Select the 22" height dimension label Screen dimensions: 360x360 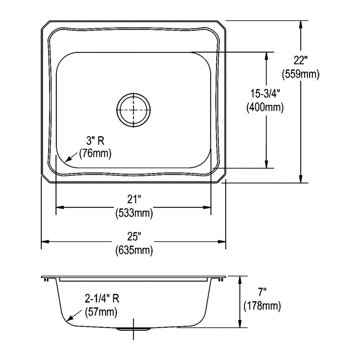coord(300,61)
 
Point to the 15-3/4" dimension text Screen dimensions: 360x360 coord(265,94)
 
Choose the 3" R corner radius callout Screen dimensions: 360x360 coord(95,140)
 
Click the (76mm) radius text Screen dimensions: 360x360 coord(95,153)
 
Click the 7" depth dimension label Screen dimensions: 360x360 coord(262,293)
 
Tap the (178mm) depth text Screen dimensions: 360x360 coord(262,306)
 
